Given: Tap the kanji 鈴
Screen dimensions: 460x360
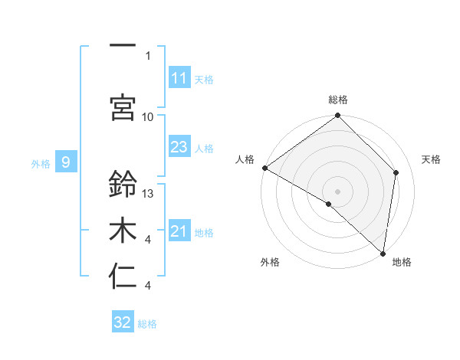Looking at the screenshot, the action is point(123,185).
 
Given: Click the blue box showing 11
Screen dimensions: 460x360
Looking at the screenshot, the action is point(179,78).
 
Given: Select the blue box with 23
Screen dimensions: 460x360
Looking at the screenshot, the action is point(179,147).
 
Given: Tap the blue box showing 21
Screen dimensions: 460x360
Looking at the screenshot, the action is point(179,231).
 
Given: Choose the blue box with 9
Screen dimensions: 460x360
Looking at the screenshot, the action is point(67,162).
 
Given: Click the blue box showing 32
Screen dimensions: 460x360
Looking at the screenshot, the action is point(123,322).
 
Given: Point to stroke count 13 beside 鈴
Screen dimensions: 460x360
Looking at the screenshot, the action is point(149,194).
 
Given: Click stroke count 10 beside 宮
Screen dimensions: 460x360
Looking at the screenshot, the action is point(149,116).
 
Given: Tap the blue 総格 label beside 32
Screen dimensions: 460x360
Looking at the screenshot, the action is point(147,324).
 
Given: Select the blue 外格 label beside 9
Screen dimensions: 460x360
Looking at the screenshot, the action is point(40,163).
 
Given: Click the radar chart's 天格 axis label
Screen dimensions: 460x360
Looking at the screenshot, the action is point(432,159).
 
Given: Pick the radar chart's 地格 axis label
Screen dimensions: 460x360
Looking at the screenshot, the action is point(402,262).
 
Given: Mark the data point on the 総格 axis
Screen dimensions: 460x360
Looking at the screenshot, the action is point(337,116).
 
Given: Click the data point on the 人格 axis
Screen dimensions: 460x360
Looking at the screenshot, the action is point(264,168).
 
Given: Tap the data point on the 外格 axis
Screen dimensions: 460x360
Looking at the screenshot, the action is point(329,204).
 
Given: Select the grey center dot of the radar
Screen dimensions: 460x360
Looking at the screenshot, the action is point(337,191).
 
